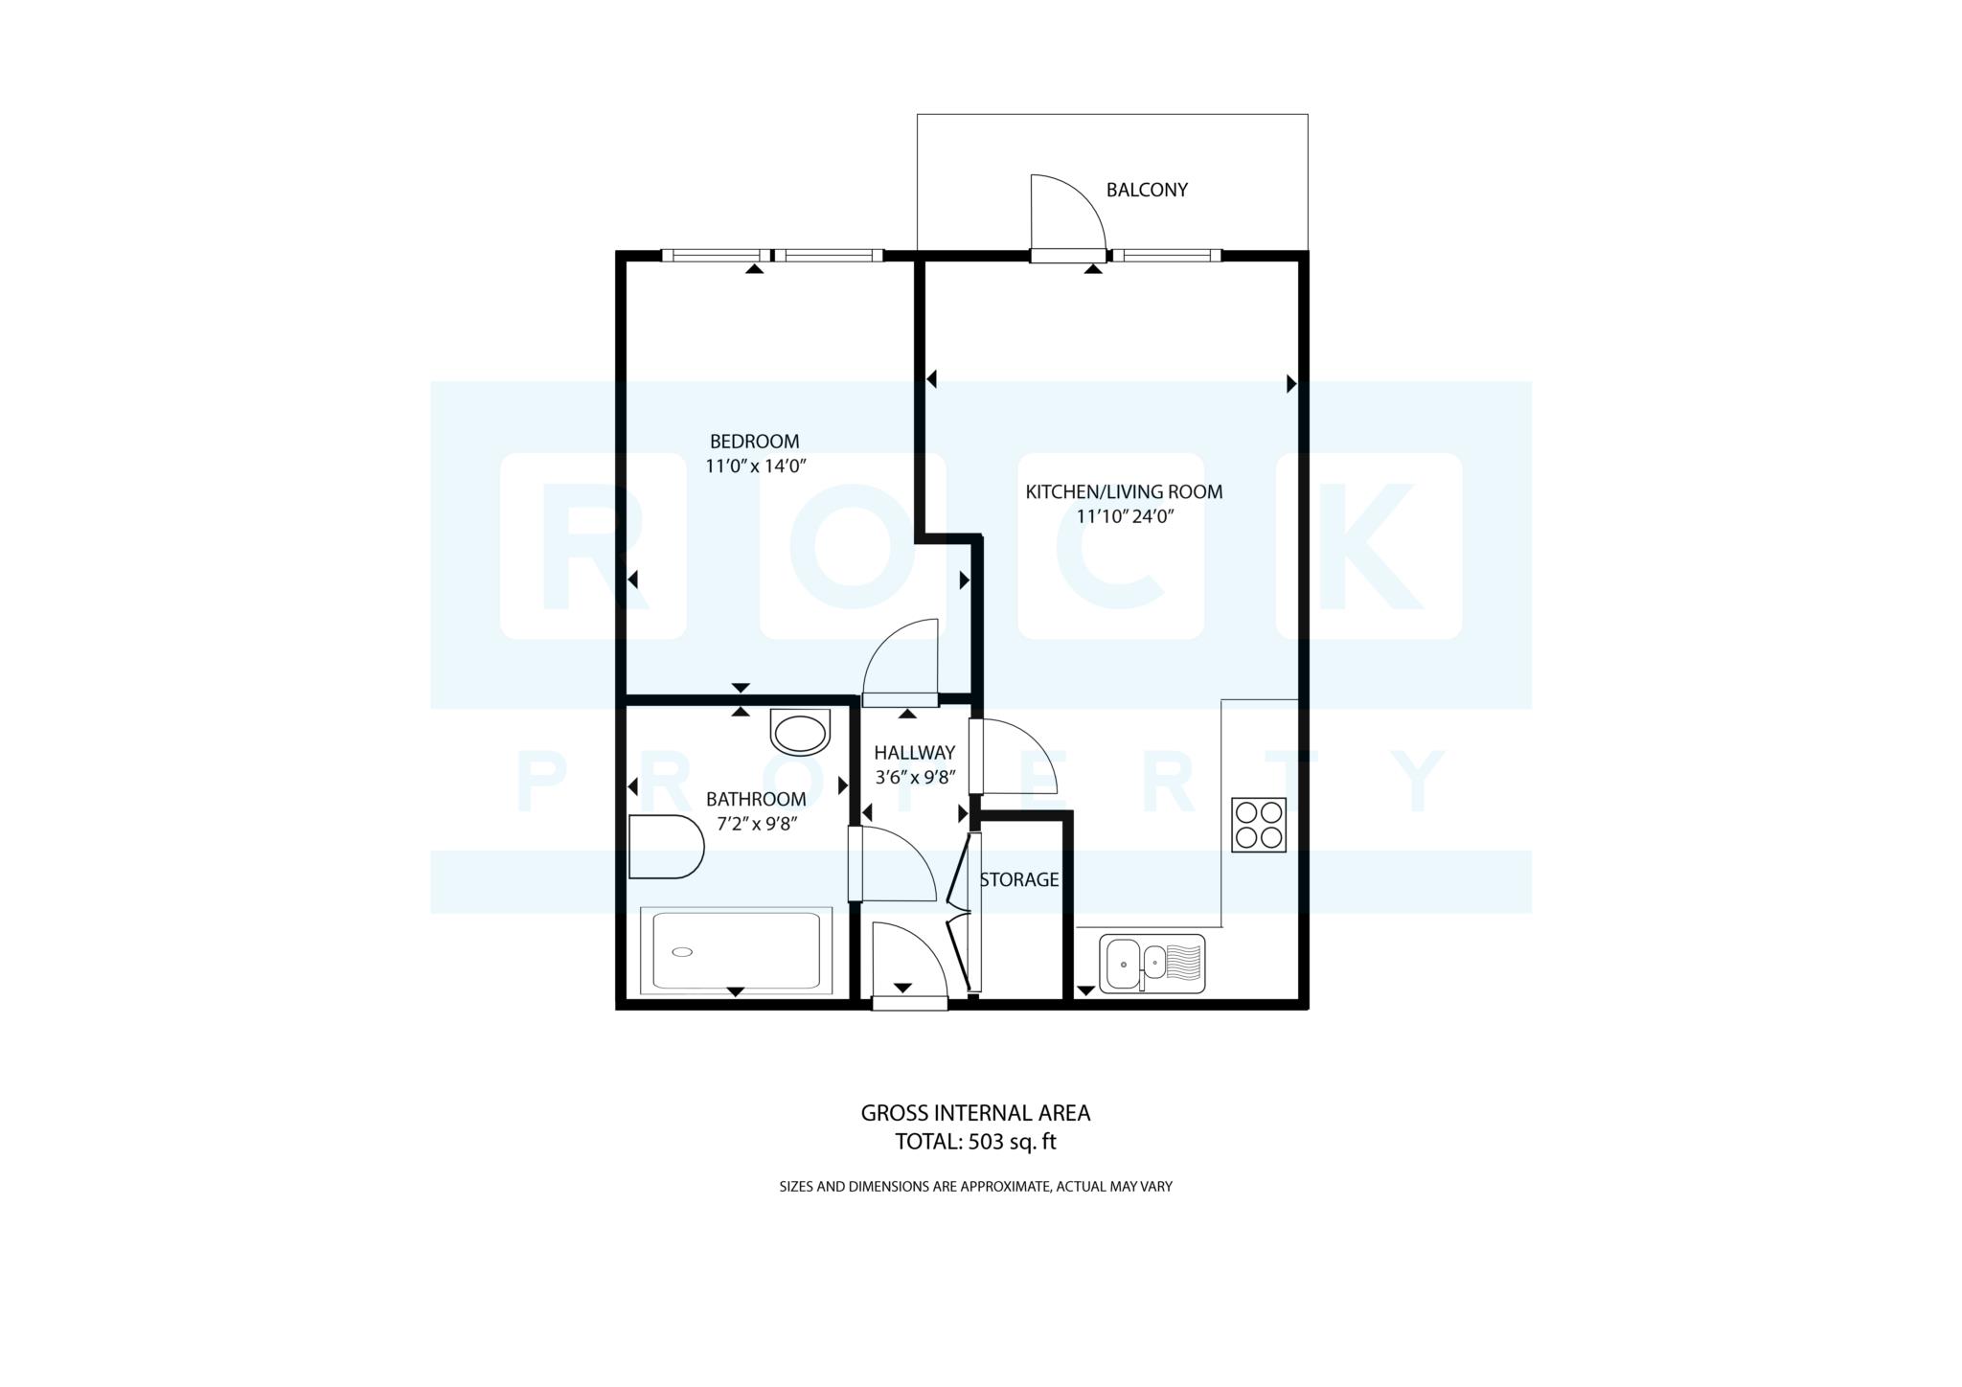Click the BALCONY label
pos(1147,190)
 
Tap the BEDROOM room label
pos(754,442)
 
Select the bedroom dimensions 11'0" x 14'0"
pos(754,466)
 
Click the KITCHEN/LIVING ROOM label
pos(1124,492)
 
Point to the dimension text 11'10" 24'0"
pos(1125,517)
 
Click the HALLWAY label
pos(914,753)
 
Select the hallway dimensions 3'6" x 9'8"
pos(914,778)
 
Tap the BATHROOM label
pos(756,799)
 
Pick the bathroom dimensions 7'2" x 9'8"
pos(756,824)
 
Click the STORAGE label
pos(1019,879)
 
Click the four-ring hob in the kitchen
pos(1258,826)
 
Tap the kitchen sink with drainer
pos(1152,964)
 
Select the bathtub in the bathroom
pos(736,950)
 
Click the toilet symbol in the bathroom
pos(666,847)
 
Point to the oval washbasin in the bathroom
pos(800,735)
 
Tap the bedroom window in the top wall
pos(772,255)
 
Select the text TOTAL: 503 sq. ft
pos(975,1142)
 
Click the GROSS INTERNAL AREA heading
pos(975,1113)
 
